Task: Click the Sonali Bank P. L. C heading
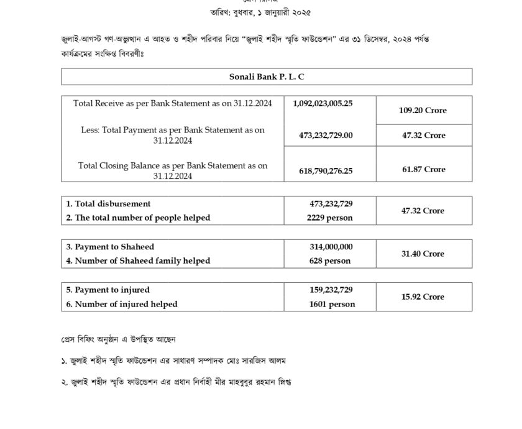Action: pyautogui.click(x=267, y=76)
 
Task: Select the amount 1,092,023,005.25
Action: pyautogui.click(x=322, y=103)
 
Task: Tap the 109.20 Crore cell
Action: pyautogui.click(x=423, y=111)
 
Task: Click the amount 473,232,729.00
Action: pyautogui.click(x=322, y=135)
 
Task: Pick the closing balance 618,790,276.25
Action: pyautogui.click(x=322, y=169)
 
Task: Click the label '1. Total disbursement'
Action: pyautogui.click(x=109, y=204)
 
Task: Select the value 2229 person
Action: pyautogui.click(x=329, y=218)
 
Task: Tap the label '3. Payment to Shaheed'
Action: pyautogui.click(x=110, y=247)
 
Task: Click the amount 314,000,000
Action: pyautogui.click(x=331, y=247)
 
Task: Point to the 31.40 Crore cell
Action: pyautogui.click(x=423, y=254)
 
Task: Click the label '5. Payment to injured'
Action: pyautogui.click(x=108, y=290)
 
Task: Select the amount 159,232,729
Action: pyautogui.click(x=331, y=290)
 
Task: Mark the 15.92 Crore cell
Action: pyautogui.click(x=423, y=297)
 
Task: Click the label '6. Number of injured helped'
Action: pyautogui.click(x=122, y=304)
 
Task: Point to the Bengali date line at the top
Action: pyautogui.click(x=260, y=12)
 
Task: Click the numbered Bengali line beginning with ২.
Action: pyautogui.click(x=176, y=381)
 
